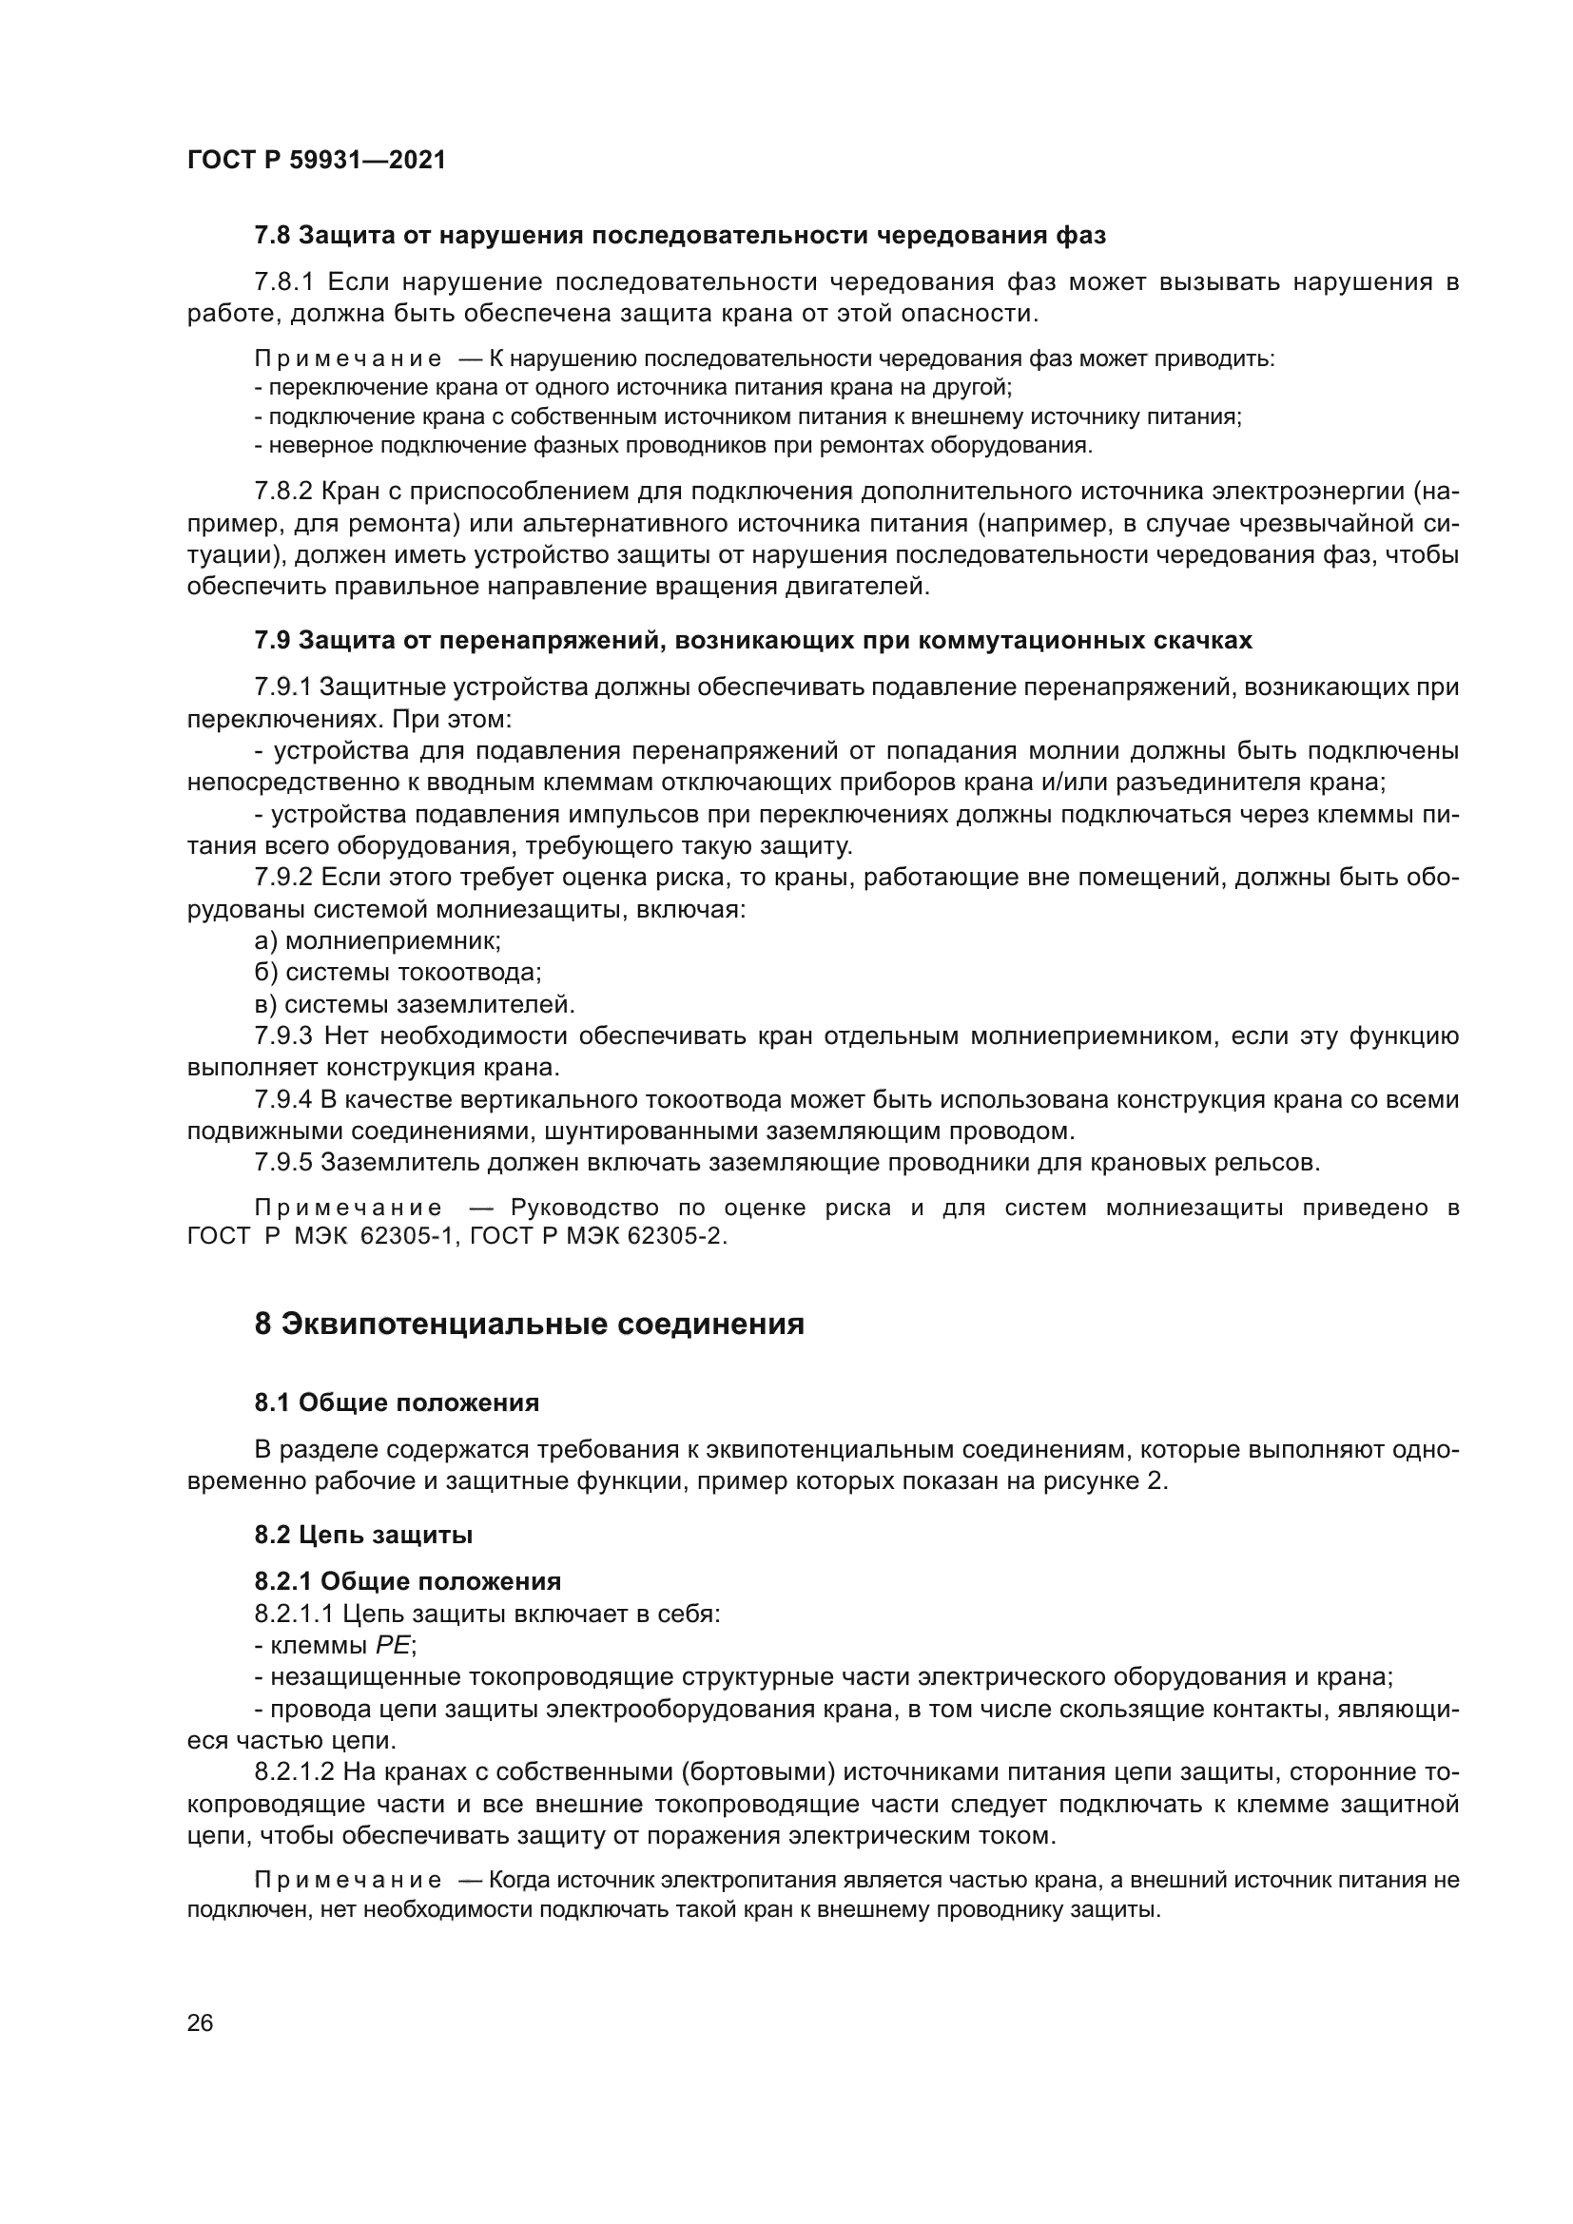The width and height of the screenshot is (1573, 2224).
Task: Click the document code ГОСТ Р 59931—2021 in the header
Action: pos(317,161)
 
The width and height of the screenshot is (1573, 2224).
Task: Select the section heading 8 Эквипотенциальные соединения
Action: pos(529,1325)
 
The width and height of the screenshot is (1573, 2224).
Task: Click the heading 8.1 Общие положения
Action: pos(397,1402)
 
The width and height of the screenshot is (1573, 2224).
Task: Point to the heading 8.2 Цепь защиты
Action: pos(363,1535)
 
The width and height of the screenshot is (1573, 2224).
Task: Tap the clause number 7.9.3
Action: pos(283,1036)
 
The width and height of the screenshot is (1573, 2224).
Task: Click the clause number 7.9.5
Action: pos(283,1162)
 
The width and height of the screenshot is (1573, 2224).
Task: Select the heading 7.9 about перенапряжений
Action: pos(752,640)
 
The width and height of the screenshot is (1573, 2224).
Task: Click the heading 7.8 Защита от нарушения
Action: pos(680,236)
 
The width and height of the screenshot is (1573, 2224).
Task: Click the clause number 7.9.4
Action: pos(283,1099)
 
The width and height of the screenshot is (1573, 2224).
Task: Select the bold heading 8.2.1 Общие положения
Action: pos(408,1582)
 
